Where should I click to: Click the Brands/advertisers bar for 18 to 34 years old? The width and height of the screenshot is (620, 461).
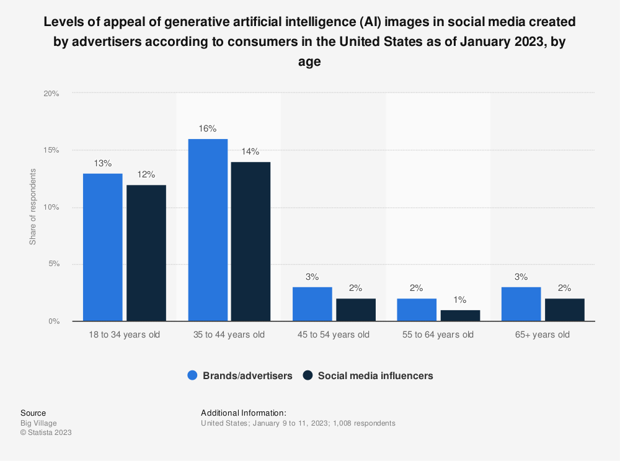click(103, 247)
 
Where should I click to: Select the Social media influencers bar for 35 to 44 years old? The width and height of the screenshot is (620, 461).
click(250, 241)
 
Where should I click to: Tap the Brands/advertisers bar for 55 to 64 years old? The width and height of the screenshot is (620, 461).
click(417, 310)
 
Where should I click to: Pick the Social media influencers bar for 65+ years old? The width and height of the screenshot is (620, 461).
click(564, 310)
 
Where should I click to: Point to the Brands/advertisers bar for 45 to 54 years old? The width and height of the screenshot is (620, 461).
click(312, 304)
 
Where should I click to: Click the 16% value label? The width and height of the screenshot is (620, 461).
click(208, 128)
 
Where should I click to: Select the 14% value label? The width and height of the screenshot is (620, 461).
click(250, 151)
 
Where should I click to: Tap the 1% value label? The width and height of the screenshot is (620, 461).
click(459, 299)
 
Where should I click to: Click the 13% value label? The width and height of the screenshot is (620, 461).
click(103, 163)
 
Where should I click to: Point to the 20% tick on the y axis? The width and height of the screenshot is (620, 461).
click(51, 94)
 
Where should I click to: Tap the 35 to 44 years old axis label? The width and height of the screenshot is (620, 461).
click(229, 335)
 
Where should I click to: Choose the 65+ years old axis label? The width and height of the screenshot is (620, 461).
click(542, 335)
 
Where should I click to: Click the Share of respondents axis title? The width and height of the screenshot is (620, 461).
click(32, 207)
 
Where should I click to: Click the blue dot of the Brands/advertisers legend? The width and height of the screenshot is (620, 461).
click(192, 375)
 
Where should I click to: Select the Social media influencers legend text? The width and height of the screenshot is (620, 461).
click(375, 375)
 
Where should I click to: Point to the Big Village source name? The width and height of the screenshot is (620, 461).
click(38, 423)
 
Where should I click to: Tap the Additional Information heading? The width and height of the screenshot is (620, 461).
click(244, 413)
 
